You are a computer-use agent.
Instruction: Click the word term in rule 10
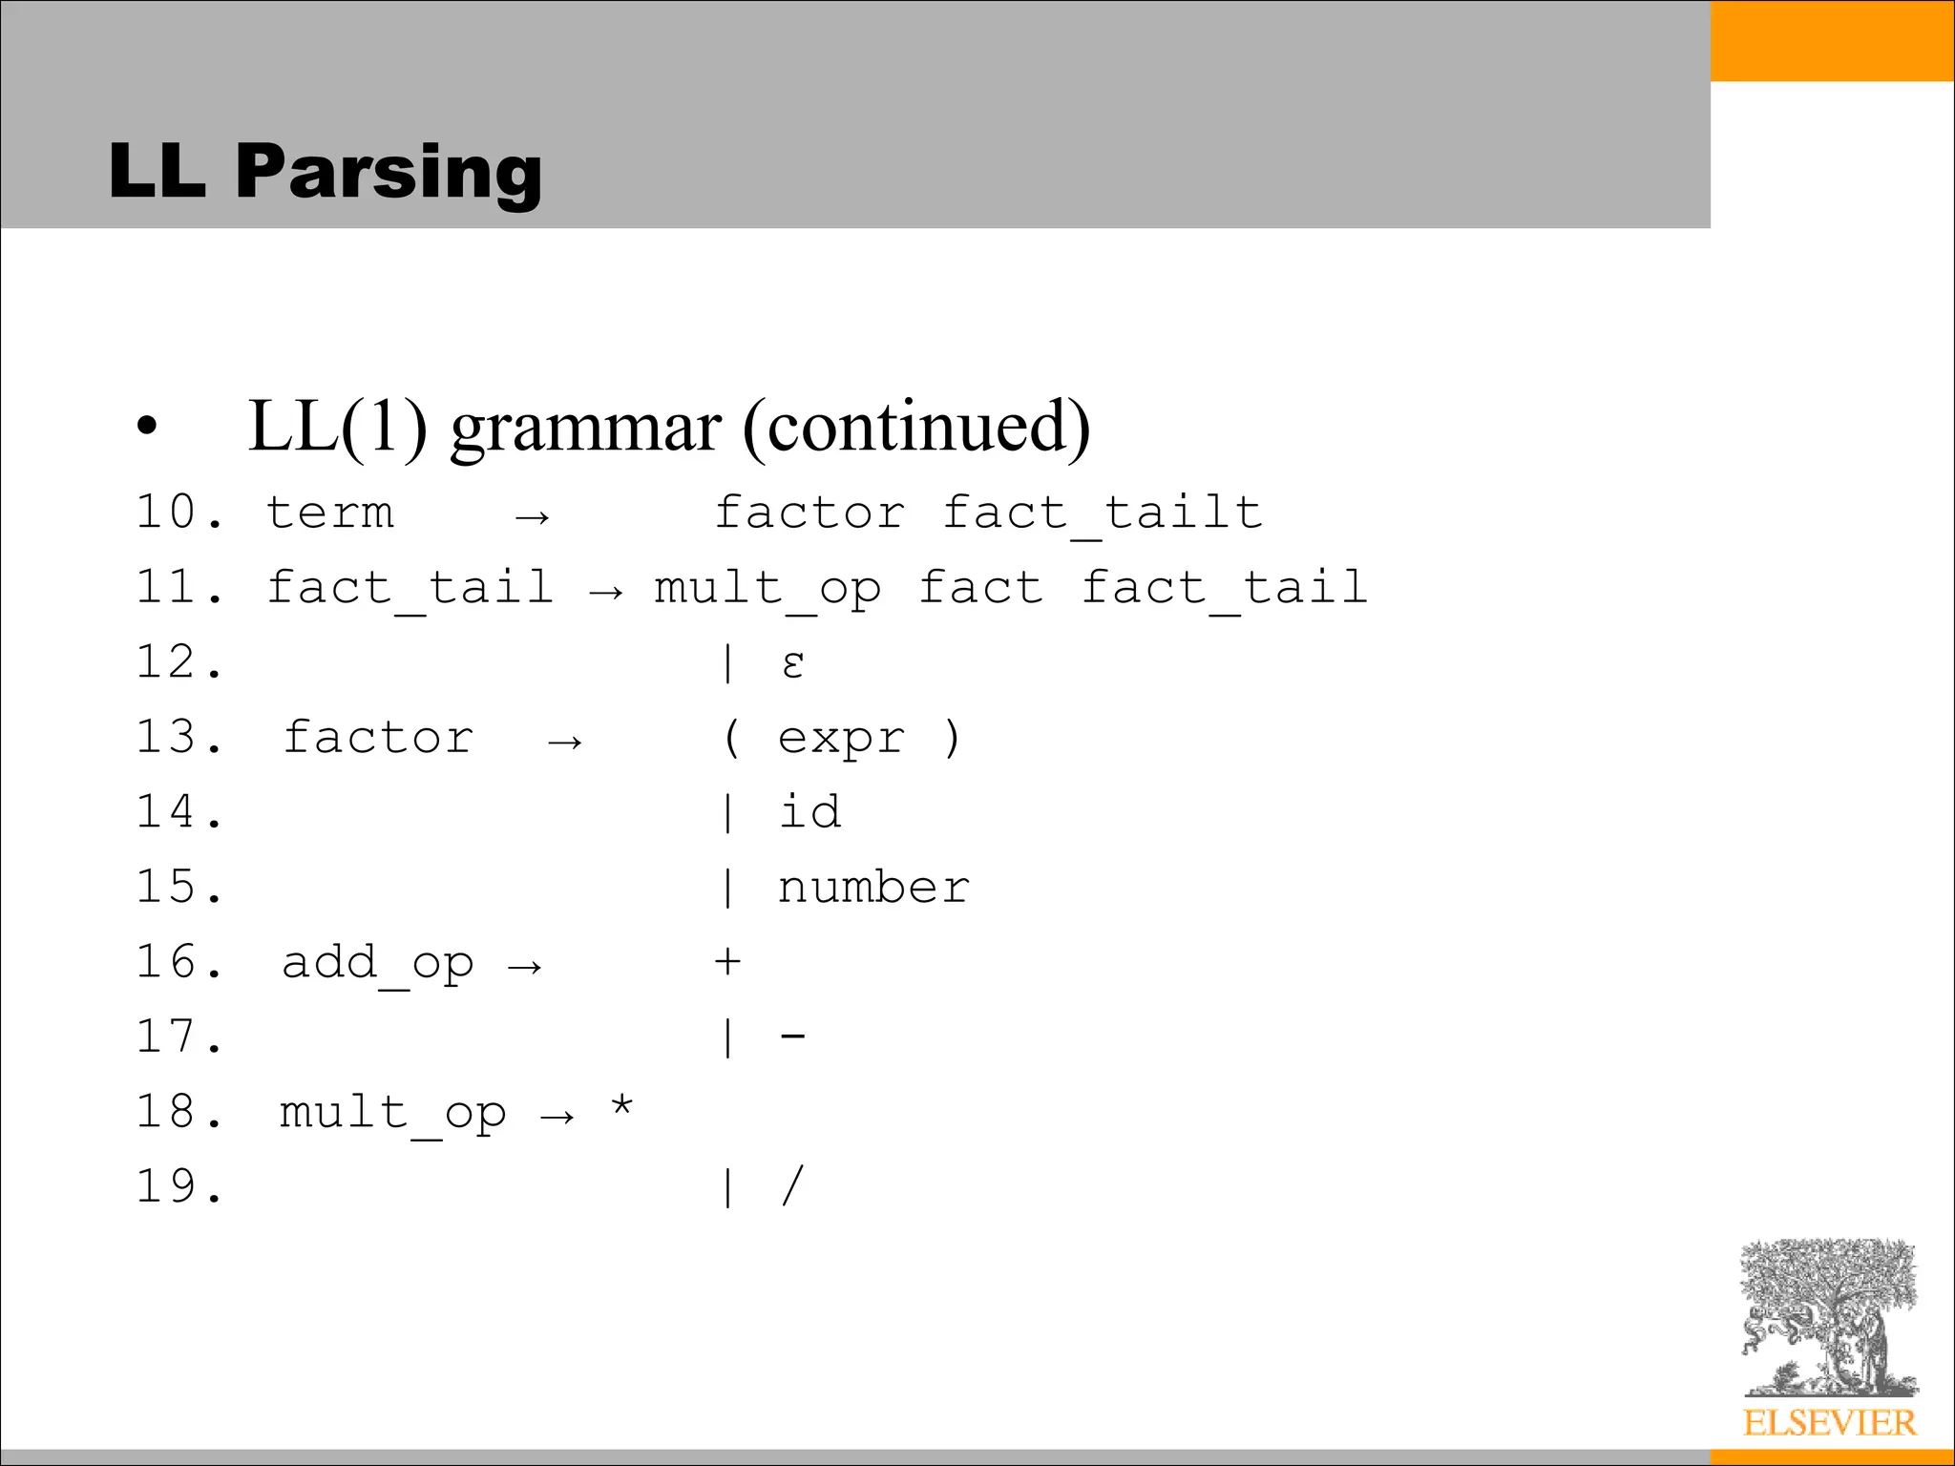329,513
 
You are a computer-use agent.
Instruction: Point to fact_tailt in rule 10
1103,513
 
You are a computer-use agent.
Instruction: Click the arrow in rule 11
606,592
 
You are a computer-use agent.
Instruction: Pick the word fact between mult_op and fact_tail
980,588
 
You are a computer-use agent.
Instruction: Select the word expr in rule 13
841,739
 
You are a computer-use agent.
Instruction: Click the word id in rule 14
809,812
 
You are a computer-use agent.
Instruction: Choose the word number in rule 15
873,888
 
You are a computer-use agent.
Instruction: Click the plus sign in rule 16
727,961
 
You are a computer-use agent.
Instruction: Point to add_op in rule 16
377,963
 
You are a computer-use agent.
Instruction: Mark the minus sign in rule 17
793,1035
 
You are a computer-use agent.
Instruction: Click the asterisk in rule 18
622,1107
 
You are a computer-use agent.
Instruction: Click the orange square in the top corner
1832,40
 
